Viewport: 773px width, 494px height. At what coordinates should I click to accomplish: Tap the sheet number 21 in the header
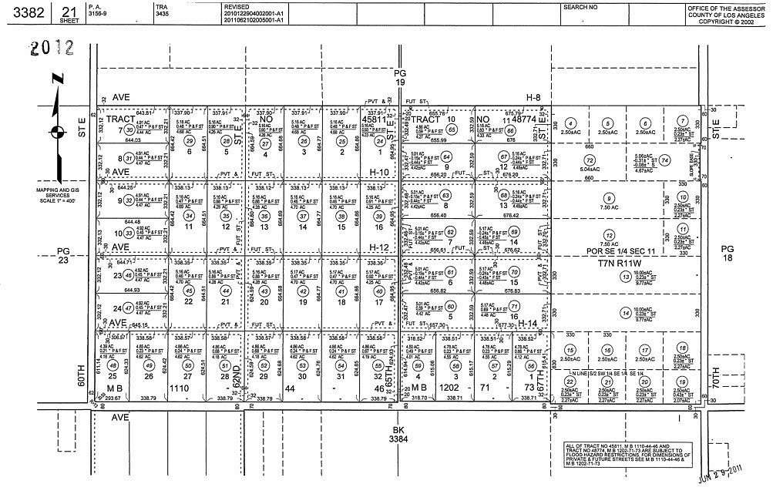click(69, 9)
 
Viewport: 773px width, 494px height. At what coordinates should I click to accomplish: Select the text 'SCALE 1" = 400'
click(55, 202)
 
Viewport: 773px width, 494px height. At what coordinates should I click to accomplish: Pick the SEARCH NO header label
click(580, 7)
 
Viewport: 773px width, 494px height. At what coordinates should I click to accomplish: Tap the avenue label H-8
click(534, 98)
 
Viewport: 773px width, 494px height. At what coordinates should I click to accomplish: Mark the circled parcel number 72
click(590, 160)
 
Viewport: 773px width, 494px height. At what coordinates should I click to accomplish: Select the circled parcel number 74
click(665, 160)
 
